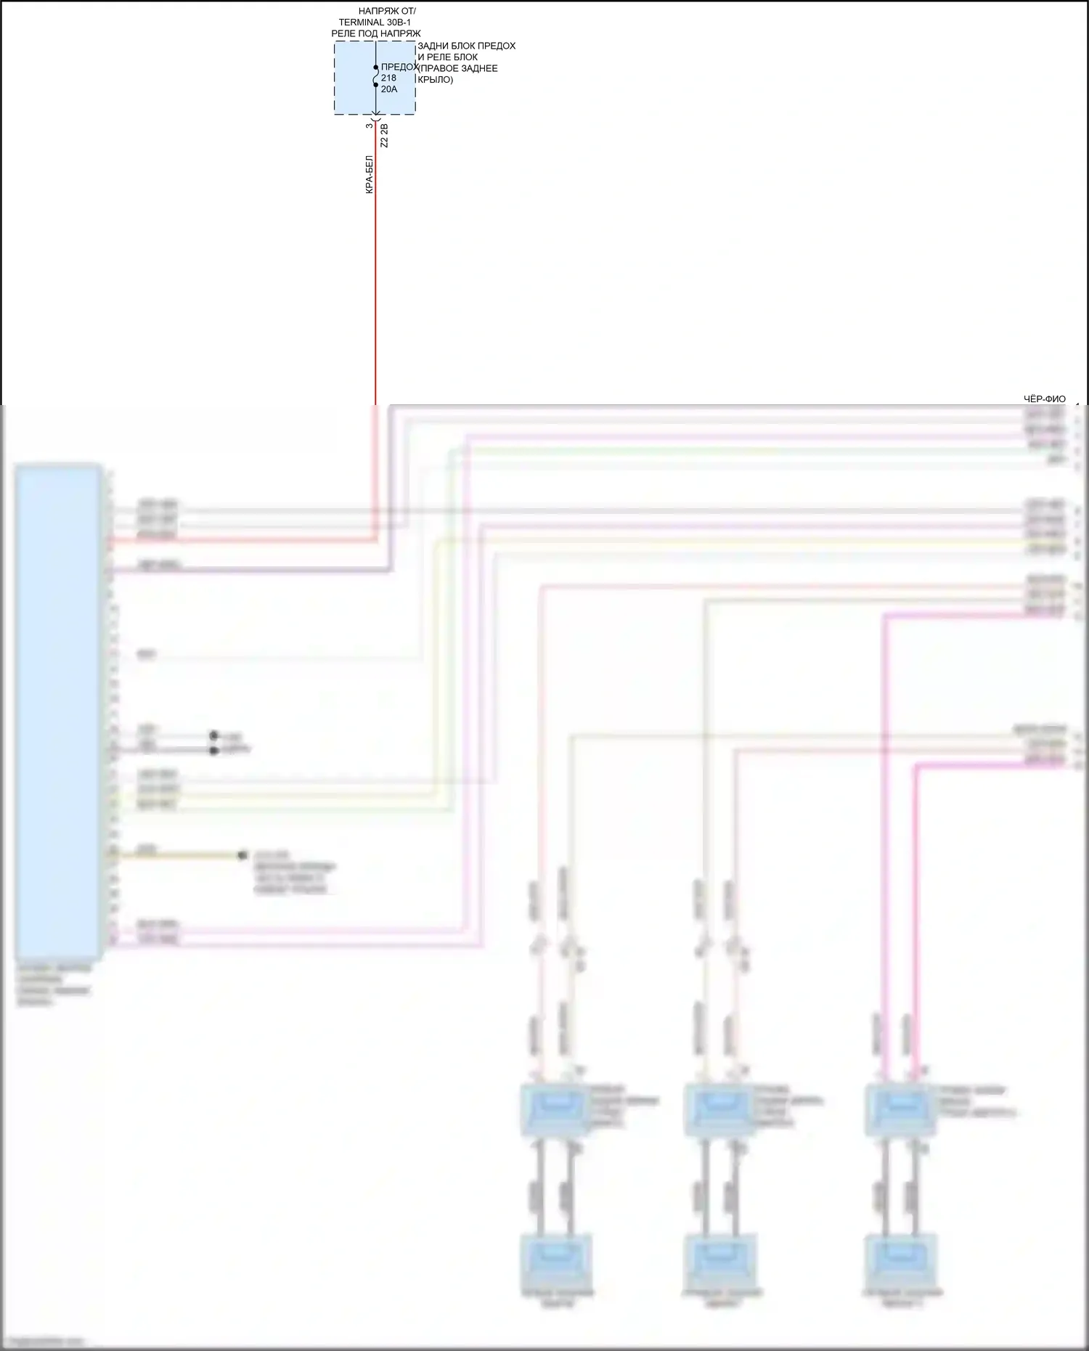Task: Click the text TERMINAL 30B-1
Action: click(375, 23)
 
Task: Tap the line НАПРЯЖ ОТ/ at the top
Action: click(387, 12)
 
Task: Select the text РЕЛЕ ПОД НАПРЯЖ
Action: click(376, 33)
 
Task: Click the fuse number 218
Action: click(388, 78)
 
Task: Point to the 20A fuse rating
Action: click(389, 89)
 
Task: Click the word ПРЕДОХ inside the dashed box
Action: click(399, 67)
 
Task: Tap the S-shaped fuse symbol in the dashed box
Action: click(375, 76)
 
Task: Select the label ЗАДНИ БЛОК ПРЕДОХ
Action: click(467, 46)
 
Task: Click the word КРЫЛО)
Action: click(436, 79)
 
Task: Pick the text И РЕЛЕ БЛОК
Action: click(448, 57)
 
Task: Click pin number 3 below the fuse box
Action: click(370, 126)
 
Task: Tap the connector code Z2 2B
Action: click(385, 136)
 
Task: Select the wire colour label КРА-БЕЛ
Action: click(370, 174)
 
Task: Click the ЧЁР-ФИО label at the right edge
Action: click(1045, 399)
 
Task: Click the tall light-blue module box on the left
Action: click(58, 711)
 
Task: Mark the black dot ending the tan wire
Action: click(242, 856)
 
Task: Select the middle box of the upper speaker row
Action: click(719, 1109)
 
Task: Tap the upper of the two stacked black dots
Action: click(213, 735)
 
